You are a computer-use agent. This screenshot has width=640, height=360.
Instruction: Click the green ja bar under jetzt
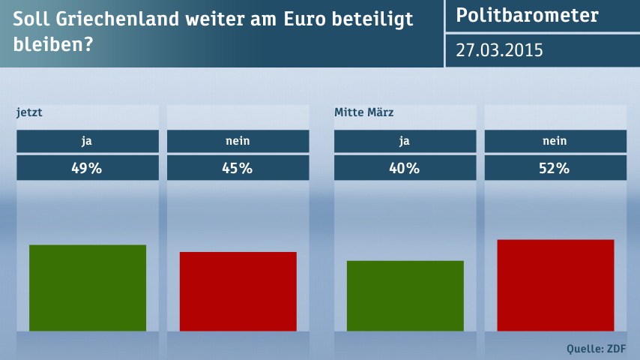(88, 288)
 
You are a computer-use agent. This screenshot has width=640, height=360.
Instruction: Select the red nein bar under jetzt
(238, 291)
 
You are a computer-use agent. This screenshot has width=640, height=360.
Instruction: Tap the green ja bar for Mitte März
(405, 295)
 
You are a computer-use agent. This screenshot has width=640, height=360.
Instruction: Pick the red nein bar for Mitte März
(555, 285)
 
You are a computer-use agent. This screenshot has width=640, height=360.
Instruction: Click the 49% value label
(87, 168)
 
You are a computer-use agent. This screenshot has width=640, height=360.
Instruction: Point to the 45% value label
(238, 168)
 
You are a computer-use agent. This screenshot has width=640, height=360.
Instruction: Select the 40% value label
(405, 168)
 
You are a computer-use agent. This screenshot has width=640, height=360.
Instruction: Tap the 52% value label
(555, 168)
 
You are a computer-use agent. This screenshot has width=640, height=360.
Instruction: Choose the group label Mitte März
(363, 113)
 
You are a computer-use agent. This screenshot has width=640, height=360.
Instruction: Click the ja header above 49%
(87, 141)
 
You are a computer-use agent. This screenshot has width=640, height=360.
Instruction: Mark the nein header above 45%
(238, 141)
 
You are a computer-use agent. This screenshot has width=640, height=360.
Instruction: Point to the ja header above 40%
(405, 141)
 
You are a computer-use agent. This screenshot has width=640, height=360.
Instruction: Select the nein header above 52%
(555, 141)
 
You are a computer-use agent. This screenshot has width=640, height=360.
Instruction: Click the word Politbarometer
(527, 16)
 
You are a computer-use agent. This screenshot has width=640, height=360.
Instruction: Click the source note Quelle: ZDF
(596, 348)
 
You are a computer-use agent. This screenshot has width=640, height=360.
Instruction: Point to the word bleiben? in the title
(52, 45)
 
